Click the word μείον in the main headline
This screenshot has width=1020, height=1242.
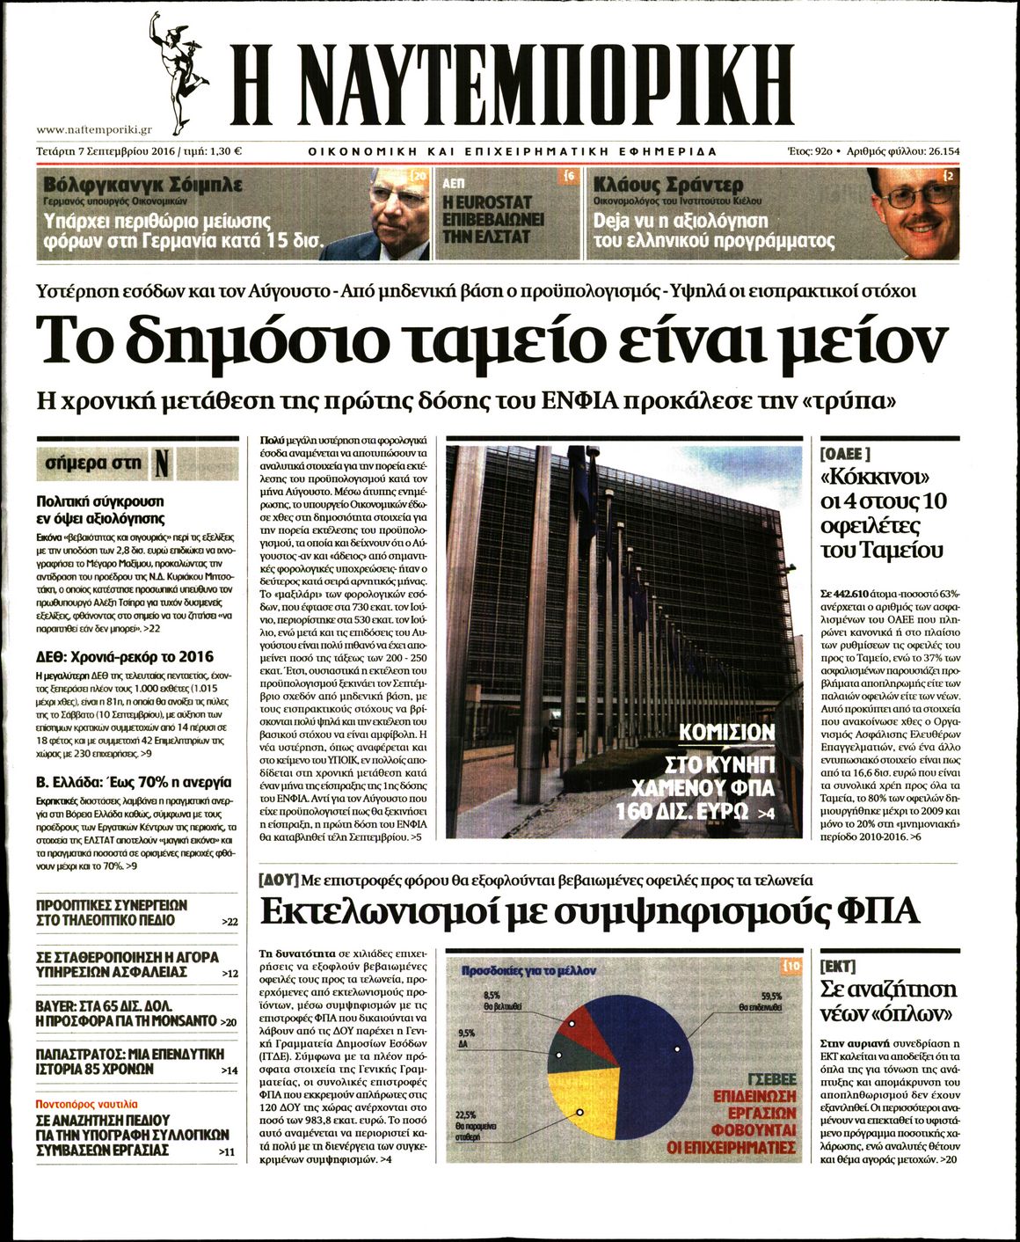(x=862, y=341)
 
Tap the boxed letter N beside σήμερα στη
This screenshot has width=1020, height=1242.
(x=162, y=463)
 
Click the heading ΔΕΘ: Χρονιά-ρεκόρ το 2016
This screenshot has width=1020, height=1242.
(x=124, y=657)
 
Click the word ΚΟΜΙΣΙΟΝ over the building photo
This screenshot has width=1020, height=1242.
(x=726, y=733)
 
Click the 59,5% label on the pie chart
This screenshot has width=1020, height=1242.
(x=771, y=995)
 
